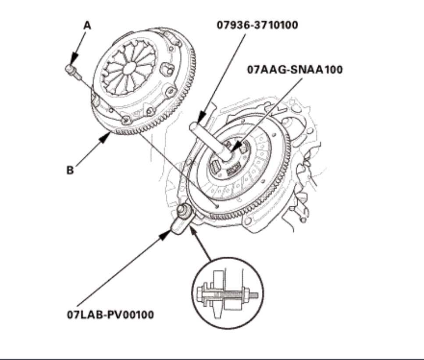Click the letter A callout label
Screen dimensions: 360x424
tap(87, 26)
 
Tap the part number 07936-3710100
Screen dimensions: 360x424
tap(257, 25)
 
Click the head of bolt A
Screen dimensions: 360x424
tap(70, 69)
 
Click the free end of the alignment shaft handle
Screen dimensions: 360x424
tap(193, 127)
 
